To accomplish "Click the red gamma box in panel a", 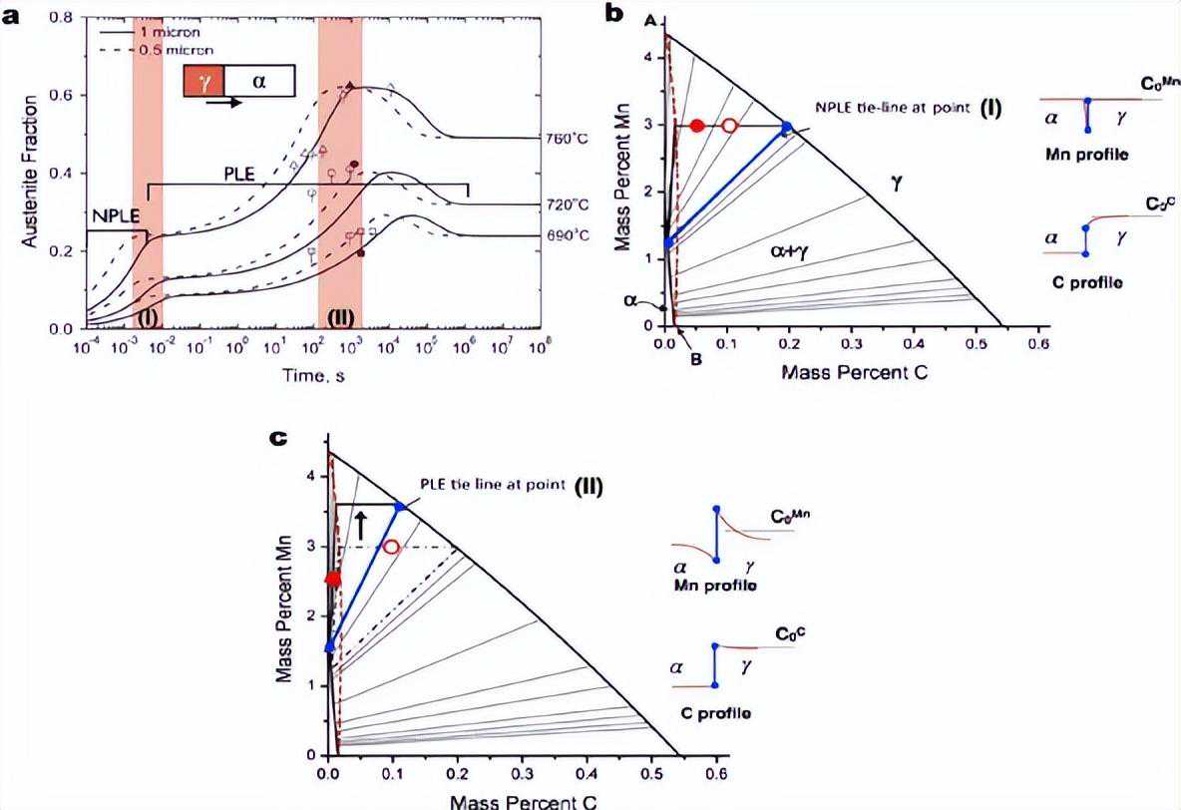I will (x=203, y=81).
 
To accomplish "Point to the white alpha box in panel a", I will (x=259, y=81).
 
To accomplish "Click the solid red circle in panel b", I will (x=697, y=126).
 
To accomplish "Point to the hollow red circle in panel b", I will (x=729, y=126).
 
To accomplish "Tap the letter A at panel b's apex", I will (x=649, y=21).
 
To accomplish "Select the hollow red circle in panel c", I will (x=391, y=547).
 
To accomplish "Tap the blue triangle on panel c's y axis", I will (x=329, y=646).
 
